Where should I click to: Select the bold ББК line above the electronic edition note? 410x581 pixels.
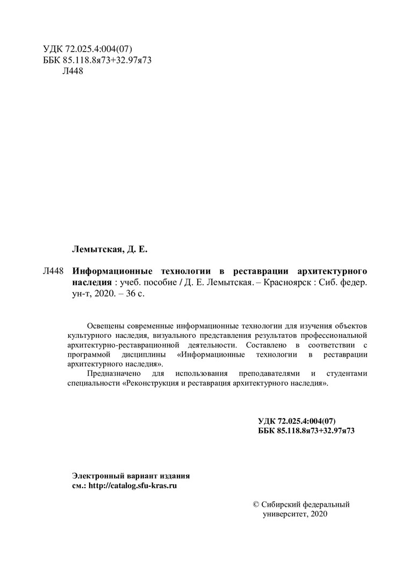pyautogui.click(x=306, y=431)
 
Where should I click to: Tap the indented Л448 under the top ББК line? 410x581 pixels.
pyautogui.click(x=73, y=72)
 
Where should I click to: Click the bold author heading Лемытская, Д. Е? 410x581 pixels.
pyautogui.click(x=109, y=249)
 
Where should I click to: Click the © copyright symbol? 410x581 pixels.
pyautogui.click(x=256, y=505)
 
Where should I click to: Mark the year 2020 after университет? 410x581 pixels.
pyautogui.click(x=318, y=514)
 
